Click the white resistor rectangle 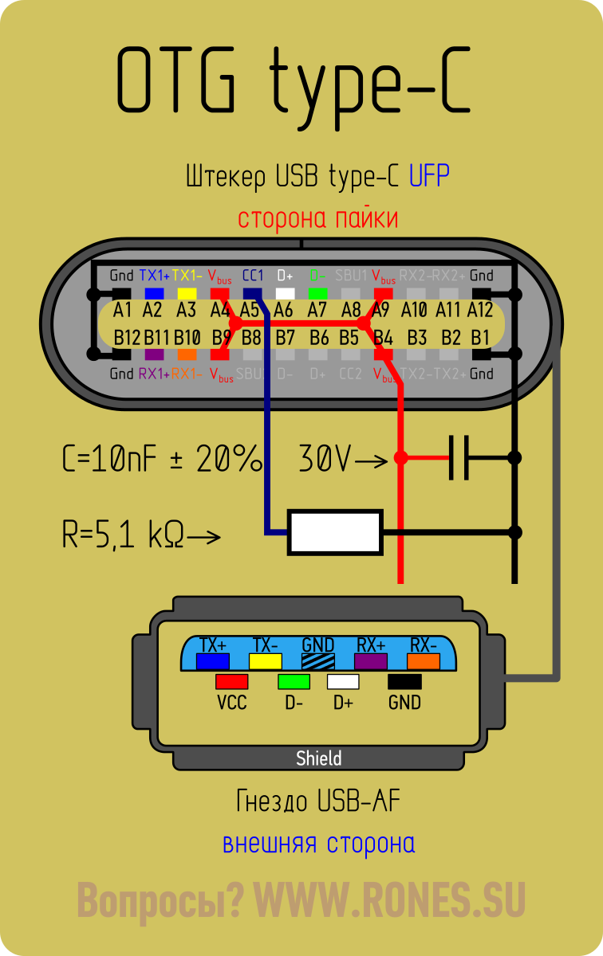tap(335, 532)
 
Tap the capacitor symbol tap(458, 458)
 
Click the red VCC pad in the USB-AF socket tap(231, 682)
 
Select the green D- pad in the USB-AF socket tap(294, 682)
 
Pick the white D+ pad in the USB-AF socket tap(343, 682)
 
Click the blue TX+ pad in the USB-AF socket tap(213, 660)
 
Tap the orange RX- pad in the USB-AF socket tap(424, 660)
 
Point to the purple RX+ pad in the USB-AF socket tap(371, 660)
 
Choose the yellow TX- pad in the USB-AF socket tap(265, 660)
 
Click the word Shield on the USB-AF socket tap(318, 758)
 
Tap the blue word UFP tap(429, 176)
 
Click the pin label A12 tap(480, 309)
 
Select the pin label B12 tap(127, 338)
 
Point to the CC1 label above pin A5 tap(253, 276)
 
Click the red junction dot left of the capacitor tap(401, 458)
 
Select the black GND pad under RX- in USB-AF tap(404, 682)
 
